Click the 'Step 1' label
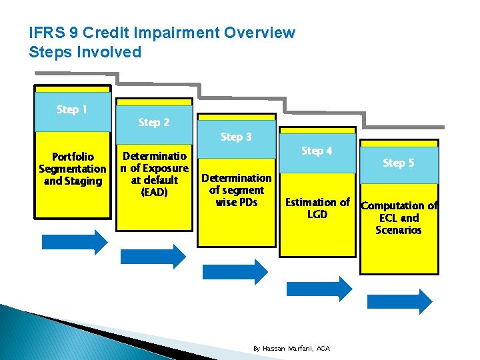click(x=72, y=110)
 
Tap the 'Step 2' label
click(x=154, y=123)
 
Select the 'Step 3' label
click(x=236, y=137)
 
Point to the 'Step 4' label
click(x=317, y=151)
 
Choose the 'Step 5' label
click(x=398, y=163)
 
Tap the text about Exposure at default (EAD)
click(x=154, y=174)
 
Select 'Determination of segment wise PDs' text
click(x=236, y=190)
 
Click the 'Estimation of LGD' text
click(x=317, y=208)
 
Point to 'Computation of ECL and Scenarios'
click(x=399, y=218)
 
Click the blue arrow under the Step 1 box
click(x=74, y=242)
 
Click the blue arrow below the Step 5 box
click(x=399, y=299)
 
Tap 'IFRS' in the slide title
click(x=47, y=33)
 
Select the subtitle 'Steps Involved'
click(x=85, y=52)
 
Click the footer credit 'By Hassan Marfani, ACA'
click(x=291, y=349)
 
